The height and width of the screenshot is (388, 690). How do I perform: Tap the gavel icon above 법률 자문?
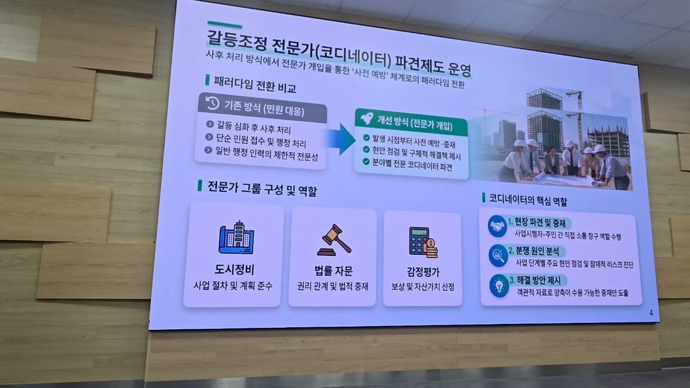point(334,240)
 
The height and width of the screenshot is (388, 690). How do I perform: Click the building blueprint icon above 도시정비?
point(236,237)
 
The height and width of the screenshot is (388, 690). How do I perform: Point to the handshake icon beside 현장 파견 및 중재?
point(497,226)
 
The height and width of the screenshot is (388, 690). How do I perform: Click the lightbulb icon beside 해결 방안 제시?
point(499,285)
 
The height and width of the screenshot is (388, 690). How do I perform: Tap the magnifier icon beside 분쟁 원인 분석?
point(498,255)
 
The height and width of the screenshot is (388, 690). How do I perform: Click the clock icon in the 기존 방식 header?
point(212,103)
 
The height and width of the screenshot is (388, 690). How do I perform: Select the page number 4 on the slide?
point(651,313)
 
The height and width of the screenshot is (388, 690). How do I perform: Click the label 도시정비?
point(234,269)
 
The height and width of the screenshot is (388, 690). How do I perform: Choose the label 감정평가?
point(423,272)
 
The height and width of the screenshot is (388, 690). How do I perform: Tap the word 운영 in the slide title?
point(458,69)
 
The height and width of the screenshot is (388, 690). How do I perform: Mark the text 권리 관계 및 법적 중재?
point(333,287)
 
